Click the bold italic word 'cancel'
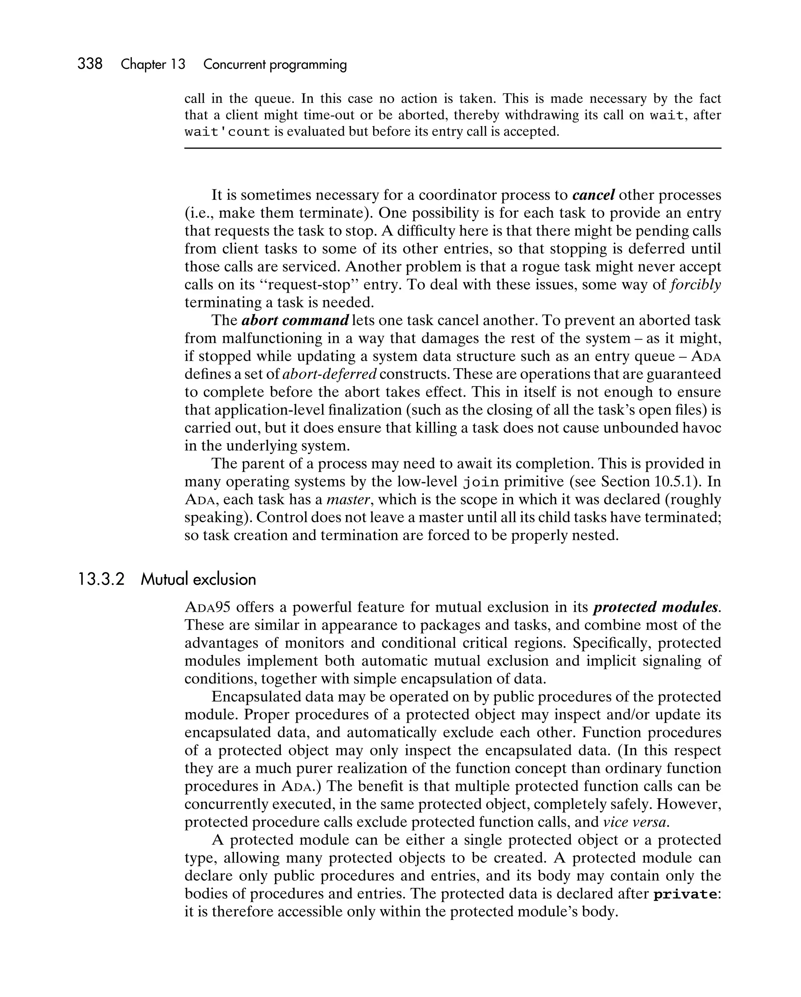coord(593,195)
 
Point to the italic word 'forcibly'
coord(695,284)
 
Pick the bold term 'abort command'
coord(295,320)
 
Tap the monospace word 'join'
coord(481,482)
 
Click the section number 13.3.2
coord(101,579)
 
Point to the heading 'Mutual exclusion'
coord(198,579)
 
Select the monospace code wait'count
coord(227,132)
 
